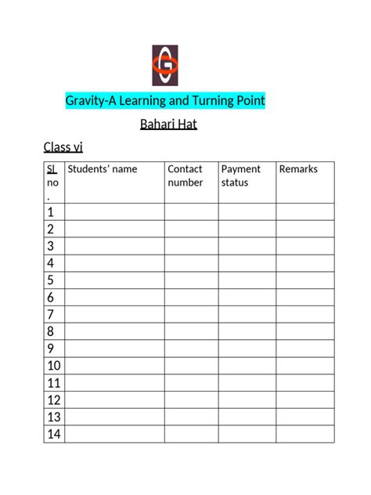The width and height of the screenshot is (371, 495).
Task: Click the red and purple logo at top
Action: tap(165, 66)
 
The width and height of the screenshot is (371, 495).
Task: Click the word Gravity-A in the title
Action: tap(91, 101)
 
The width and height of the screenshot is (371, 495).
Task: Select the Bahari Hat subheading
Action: tap(167, 124)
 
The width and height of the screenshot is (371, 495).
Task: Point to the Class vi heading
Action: tap(63, 146)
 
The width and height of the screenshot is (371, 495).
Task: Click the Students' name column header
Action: tap(102, 169)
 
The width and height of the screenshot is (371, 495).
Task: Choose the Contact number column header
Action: tap(185, 175)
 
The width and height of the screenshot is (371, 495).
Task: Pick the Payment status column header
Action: tap(240, 175)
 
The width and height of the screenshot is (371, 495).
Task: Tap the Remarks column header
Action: tap(298, 169)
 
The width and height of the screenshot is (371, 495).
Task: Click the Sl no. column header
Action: tap(51, 182)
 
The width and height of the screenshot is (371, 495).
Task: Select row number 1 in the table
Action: tap(51, 212)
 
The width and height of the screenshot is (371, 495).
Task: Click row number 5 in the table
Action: tap(51, 280)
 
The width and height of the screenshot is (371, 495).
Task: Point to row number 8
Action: tap(51, 331)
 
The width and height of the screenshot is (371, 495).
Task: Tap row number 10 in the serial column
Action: tap(54, 366)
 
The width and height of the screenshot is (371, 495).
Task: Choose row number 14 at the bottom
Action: tap(54, 434)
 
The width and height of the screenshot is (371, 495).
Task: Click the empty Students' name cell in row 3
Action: tap(114, 246)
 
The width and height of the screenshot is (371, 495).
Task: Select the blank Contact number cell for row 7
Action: tap(191, 314)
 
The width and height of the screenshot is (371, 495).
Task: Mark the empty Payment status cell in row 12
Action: tap(247, 400)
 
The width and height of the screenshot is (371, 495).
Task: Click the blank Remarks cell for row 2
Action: tap(305, 229)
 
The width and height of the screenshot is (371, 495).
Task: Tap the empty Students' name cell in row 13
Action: tap(114, 417)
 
